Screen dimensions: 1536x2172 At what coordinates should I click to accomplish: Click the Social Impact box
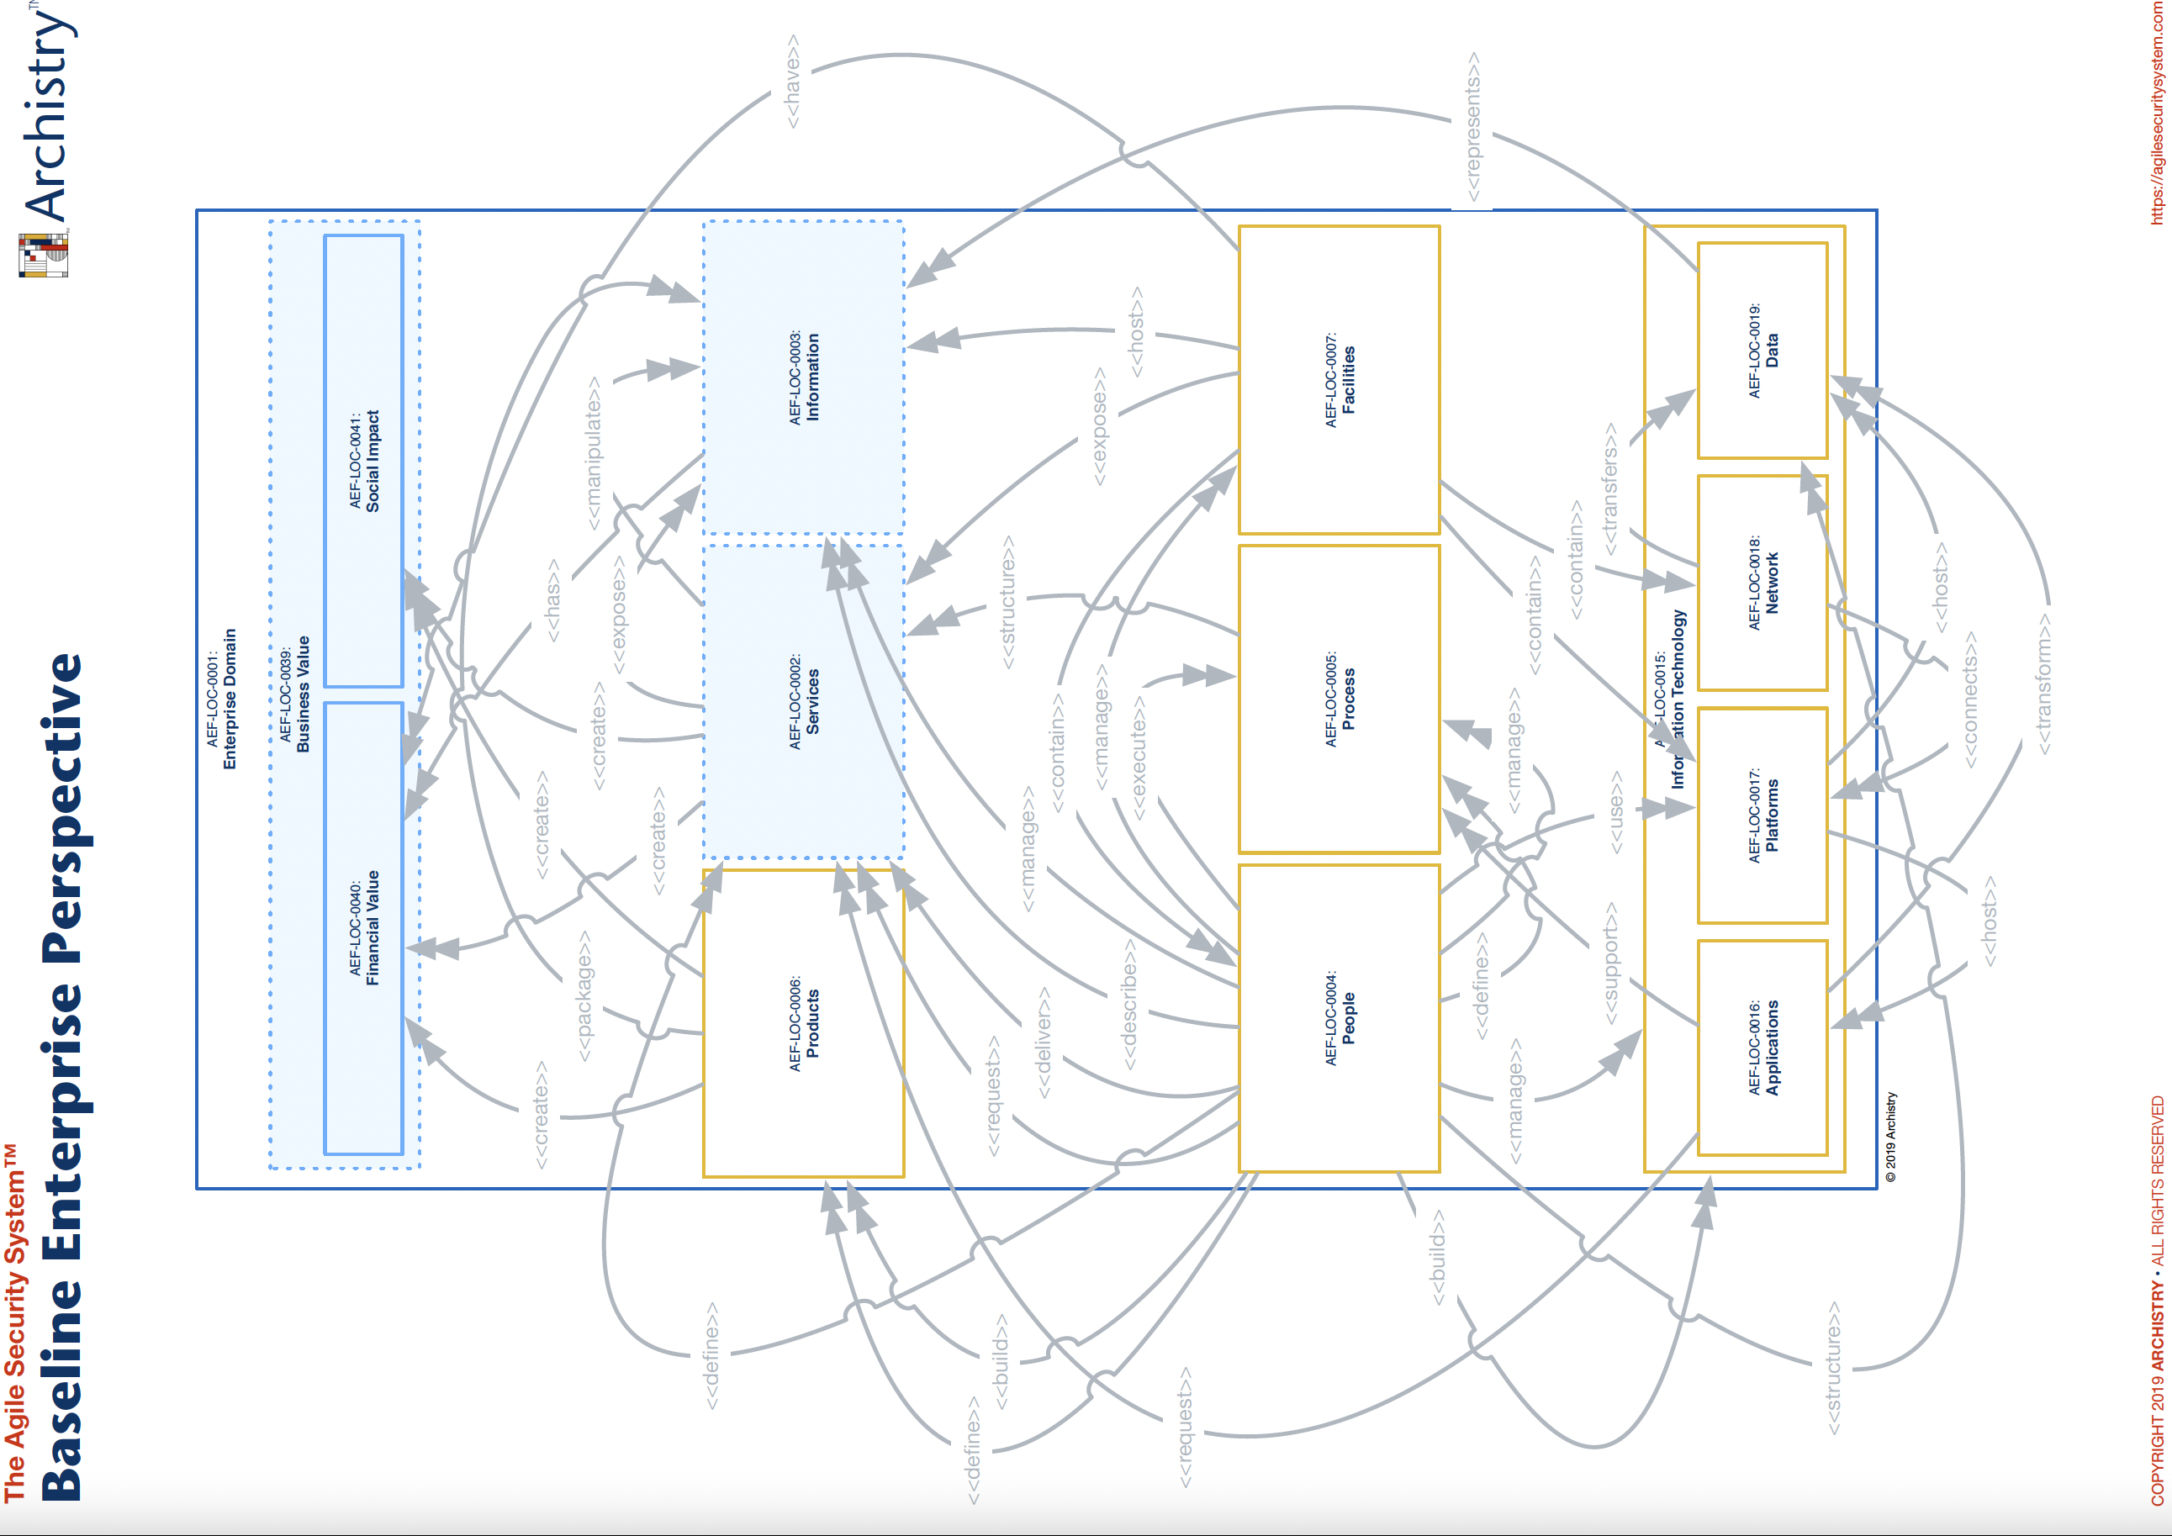coord(364,461)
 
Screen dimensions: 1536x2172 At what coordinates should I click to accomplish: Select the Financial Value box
coord(364,928)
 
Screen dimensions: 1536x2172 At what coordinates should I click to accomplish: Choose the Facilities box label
coord(1340,379)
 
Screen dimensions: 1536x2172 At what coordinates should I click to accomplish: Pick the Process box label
coord(1340,699)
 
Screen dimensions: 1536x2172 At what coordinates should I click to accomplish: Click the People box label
coord(1340,1017)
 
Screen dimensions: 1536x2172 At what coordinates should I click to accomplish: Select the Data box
coord(1762,350)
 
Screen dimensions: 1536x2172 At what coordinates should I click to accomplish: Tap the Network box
coord(1762,583)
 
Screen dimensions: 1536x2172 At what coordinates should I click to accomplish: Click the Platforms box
coord(1762,815)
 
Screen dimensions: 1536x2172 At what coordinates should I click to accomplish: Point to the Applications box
coord(1762,1047)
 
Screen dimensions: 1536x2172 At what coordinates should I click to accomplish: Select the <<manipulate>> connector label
coord(593,453)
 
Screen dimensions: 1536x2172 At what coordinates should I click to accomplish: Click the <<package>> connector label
coord(584,996)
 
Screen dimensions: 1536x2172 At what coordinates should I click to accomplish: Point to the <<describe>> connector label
coord(1128,1005)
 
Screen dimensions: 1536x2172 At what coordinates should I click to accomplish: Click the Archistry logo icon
coord(44,256)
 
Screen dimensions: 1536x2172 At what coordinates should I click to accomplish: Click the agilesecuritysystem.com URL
coord(2156,113)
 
